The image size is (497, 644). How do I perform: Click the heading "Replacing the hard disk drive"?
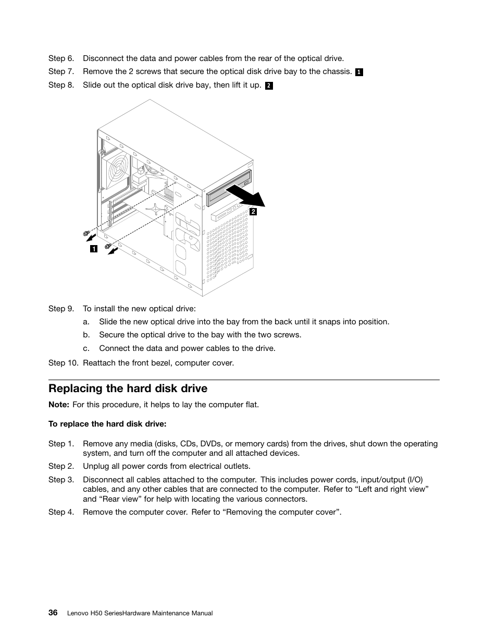(128, 388)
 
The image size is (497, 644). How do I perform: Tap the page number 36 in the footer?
(53, 613)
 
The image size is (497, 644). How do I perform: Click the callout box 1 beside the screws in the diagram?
(93, 249)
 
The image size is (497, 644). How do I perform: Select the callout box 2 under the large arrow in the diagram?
(253, 212)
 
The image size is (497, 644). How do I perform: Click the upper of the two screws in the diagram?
(86, 233)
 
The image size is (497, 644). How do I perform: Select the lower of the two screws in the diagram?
(108, 246)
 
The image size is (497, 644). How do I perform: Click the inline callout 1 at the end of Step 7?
(359, 72)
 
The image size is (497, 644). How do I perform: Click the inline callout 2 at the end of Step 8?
(269, 86)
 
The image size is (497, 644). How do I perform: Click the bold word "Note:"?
(59, 405)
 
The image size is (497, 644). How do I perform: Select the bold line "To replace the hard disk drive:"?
(107, 423)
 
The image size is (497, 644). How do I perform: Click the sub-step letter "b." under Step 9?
(86, 335)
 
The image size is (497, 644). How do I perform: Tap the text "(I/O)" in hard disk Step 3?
(415, 480)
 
